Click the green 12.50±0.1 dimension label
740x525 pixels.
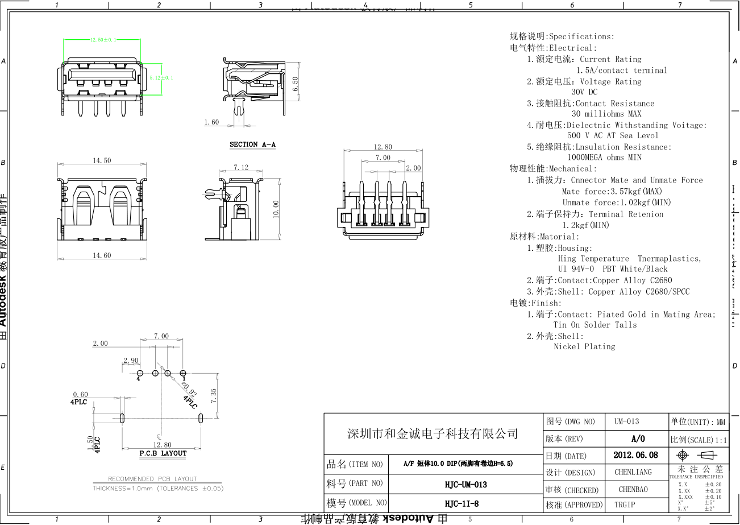coord(103,40)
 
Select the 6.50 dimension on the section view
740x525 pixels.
coord(295,84)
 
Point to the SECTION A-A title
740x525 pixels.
coord(252,144)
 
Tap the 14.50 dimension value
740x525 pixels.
coord(102,161)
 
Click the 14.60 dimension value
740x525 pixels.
coord(102,256)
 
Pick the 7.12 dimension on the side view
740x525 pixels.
coord(241,168)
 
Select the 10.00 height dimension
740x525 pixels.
coord(276,208)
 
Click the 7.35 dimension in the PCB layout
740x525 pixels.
coord(213,396)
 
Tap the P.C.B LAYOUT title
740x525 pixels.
coord(163,453)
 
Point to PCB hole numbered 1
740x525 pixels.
coord(182,373)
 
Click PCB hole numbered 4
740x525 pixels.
coord(140,373)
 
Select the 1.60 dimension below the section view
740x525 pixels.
coord(211,122)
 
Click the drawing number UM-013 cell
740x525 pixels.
coord(626,421)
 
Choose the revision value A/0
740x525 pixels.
coord(638,439)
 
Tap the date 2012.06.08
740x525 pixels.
coord(636,455)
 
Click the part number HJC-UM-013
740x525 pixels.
coord(465,485)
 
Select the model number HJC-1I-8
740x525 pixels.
coord(462,503)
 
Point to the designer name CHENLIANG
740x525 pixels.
coord(633,472)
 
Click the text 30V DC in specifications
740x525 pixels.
coord(584,92)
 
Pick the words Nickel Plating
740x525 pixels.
coord(584,346)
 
